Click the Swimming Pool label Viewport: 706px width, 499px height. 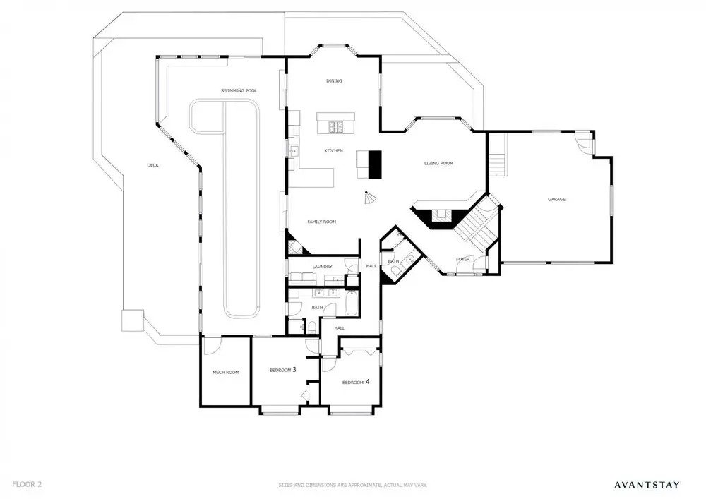coord(239,91)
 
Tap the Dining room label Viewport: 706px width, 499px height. coord(334,81)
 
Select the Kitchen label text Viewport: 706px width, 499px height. coord(334,151)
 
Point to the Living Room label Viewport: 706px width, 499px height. coord(438,163)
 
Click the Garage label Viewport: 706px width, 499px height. coord(556,199)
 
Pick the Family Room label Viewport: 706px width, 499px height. coord(321,222)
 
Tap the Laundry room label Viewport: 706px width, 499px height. coord(322,267)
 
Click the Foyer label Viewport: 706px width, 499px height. coord(463,259)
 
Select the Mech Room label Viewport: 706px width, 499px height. coord(226,372)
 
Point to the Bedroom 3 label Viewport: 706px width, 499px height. coord(283,370)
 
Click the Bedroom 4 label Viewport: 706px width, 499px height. coord(356,382)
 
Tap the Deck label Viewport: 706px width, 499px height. coord(152,165)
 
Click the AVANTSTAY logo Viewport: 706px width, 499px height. coord(647,485)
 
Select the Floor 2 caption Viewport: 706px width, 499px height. coord(27,485)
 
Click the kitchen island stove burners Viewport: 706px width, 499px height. coord(336,127)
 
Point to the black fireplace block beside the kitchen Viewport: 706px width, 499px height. coord(375,164)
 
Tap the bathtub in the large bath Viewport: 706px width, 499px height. coord(351,303)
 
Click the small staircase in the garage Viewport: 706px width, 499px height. coord(497,165)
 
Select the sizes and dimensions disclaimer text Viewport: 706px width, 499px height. coord(352,486)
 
